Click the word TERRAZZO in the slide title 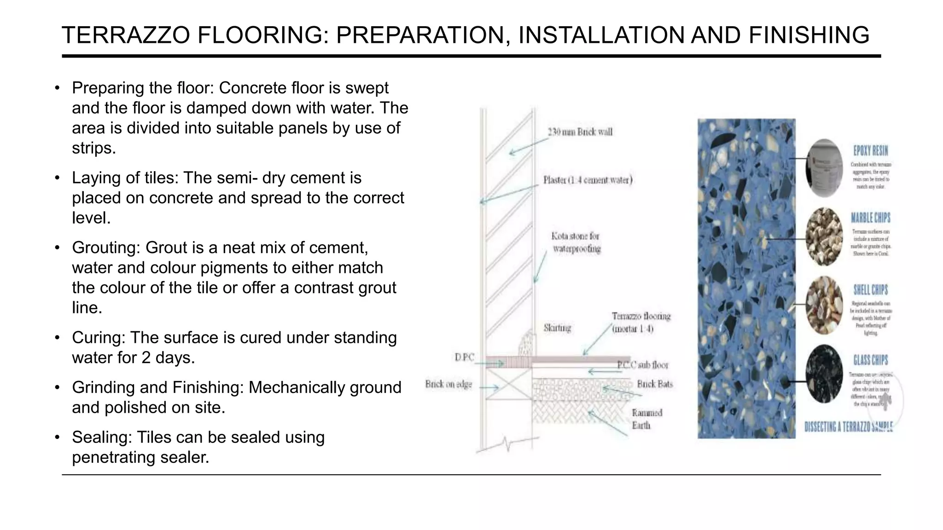(126, 35)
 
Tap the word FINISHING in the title (809, 35)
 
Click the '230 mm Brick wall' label (580, 132)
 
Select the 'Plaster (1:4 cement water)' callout (588, 180)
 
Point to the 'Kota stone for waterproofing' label (576, 242)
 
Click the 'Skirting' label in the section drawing (557, 328)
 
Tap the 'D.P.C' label (464, 357)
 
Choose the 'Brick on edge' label (448, 384)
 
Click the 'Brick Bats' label (654, 384)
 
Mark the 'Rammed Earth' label (646, 419)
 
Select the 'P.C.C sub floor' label (643, 365)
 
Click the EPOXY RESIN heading (870, 150)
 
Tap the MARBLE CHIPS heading (870, 218)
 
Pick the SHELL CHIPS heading (870, 290)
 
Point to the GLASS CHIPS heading (870, 360)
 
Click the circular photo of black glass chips (824, 374)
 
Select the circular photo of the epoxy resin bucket (824, 168)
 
